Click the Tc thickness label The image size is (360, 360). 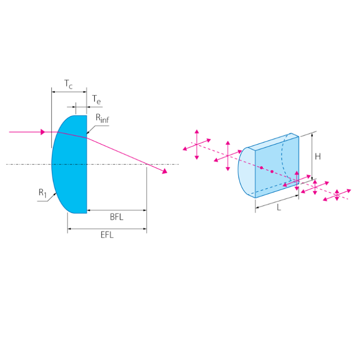68,84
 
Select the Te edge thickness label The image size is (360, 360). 97,100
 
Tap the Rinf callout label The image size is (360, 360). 102,118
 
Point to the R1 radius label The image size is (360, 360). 43,193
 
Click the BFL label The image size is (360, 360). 117,217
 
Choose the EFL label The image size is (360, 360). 107,235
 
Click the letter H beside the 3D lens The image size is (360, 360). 318,156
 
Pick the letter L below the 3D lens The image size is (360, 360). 279,208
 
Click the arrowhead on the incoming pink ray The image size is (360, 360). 43,132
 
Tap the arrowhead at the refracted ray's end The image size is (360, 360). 165,171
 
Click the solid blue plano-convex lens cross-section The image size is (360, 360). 69,165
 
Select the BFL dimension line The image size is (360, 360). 117,210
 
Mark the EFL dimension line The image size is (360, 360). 107,229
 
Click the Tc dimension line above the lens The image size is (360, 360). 69,92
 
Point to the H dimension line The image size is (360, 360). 312,156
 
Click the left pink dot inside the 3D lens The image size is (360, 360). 261,168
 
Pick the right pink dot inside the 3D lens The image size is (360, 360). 272,171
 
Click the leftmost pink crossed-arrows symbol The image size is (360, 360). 197,144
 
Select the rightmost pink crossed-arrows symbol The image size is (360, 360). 337,195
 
